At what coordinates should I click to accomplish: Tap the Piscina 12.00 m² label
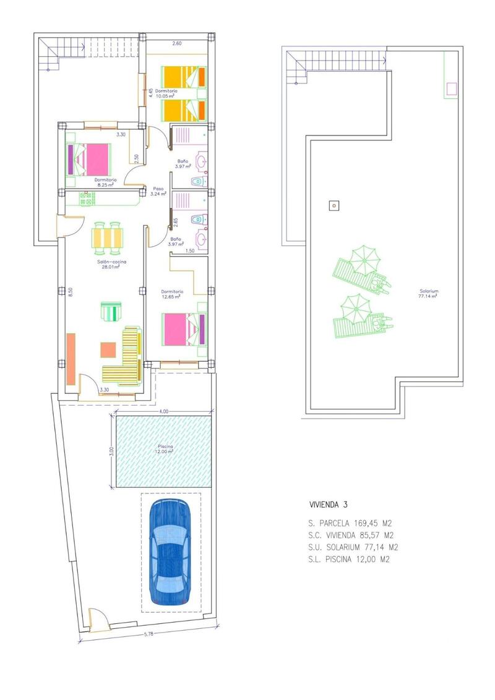164,448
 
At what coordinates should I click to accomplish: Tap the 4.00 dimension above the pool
163,411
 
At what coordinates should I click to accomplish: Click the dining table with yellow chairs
107,237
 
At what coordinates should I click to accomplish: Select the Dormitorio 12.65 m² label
172,294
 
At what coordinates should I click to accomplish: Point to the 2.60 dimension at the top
177,43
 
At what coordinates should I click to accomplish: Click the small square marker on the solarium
334,205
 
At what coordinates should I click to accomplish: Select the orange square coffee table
108,349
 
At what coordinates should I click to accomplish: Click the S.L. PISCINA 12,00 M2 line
350,559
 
